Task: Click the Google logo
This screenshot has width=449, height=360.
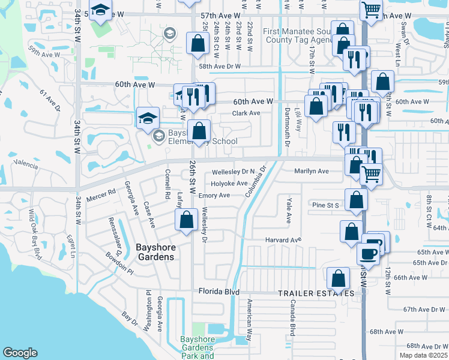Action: pos(20,353)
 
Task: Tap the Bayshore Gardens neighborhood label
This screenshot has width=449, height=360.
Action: pos(146,251)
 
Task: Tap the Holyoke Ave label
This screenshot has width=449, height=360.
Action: pos(229,184)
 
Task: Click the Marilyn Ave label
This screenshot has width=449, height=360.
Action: pos(312,171)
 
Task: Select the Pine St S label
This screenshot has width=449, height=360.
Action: pos(326,205)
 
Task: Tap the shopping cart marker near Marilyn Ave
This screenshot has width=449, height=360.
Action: pos(372,174)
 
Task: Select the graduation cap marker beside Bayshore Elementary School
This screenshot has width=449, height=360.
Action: pos(148,117)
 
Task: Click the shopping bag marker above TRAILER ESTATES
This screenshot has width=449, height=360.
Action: pos(339,277)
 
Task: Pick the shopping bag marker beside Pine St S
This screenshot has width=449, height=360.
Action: pos(356,200)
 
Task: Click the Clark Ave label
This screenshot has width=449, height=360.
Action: pos(246,113)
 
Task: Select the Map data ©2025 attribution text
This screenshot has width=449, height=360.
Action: pos(424,355)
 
